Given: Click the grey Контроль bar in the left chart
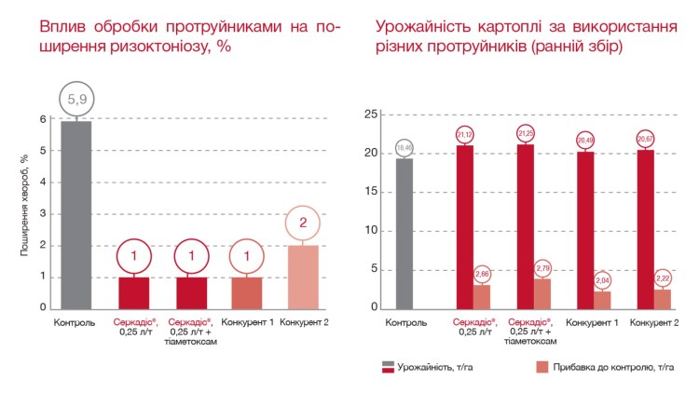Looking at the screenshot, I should pos(76,214).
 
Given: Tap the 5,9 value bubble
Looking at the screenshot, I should pos(76,97).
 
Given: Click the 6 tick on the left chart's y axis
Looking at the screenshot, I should pos(43,119).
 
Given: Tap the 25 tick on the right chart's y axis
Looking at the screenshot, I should pos(371,115).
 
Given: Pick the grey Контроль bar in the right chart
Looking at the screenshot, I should pos(404,233).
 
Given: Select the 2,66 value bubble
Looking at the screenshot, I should pos(483,274).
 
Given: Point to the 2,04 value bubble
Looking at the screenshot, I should pos(602,280).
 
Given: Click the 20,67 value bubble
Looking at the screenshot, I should pos(645,138).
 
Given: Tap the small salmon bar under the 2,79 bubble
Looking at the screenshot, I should pos(542,293).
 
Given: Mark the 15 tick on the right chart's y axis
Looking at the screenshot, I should pos(371,192).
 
